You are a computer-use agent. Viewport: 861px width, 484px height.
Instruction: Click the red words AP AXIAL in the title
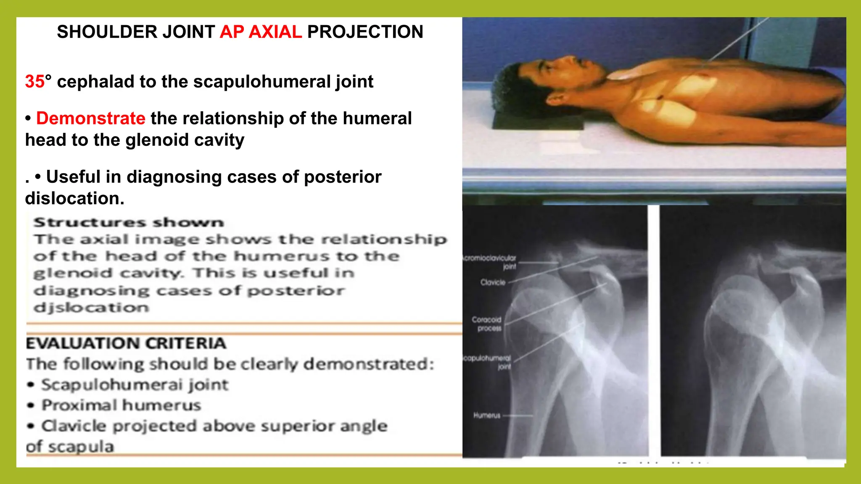click(x=261, y=32)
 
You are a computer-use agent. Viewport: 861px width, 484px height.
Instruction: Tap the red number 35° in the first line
click(x=38, y=82)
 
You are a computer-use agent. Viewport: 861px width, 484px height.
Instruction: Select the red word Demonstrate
click(x=91, y=118)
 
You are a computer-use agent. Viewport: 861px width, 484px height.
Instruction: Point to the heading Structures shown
click(x=129, y=222)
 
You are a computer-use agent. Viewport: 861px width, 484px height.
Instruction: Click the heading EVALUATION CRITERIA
click(x=126, y=343)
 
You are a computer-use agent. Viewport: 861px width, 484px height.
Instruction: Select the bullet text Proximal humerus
click(x=121, y=405)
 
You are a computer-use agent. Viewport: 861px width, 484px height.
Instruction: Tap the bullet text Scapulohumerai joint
click(x=135, y=385)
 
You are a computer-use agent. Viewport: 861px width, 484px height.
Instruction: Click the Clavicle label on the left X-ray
click(x=493, y=282)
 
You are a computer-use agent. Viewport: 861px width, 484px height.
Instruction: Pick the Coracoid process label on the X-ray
click(x=487, y=324)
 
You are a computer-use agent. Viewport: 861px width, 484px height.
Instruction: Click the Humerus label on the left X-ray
click(x=487, y=416)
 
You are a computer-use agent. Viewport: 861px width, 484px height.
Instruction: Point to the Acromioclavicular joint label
click(x=490, y=262)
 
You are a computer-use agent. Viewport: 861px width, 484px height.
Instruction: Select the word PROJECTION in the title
click(x=365, y=32)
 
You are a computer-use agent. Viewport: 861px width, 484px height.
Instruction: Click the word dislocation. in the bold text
click(x=75, y=198)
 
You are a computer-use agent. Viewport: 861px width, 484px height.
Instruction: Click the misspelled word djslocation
click(x=91, y=308)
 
